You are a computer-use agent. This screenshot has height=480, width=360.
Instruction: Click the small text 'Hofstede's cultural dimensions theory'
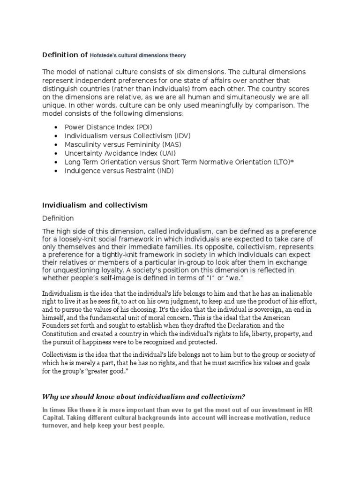tap(138, 55)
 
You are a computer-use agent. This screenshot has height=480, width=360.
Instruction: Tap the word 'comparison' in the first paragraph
tap(270, 105)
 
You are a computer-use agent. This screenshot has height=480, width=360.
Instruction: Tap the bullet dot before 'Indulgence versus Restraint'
tap(56, 171)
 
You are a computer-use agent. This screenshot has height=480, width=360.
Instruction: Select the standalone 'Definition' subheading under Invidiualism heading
tap(58, 218)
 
